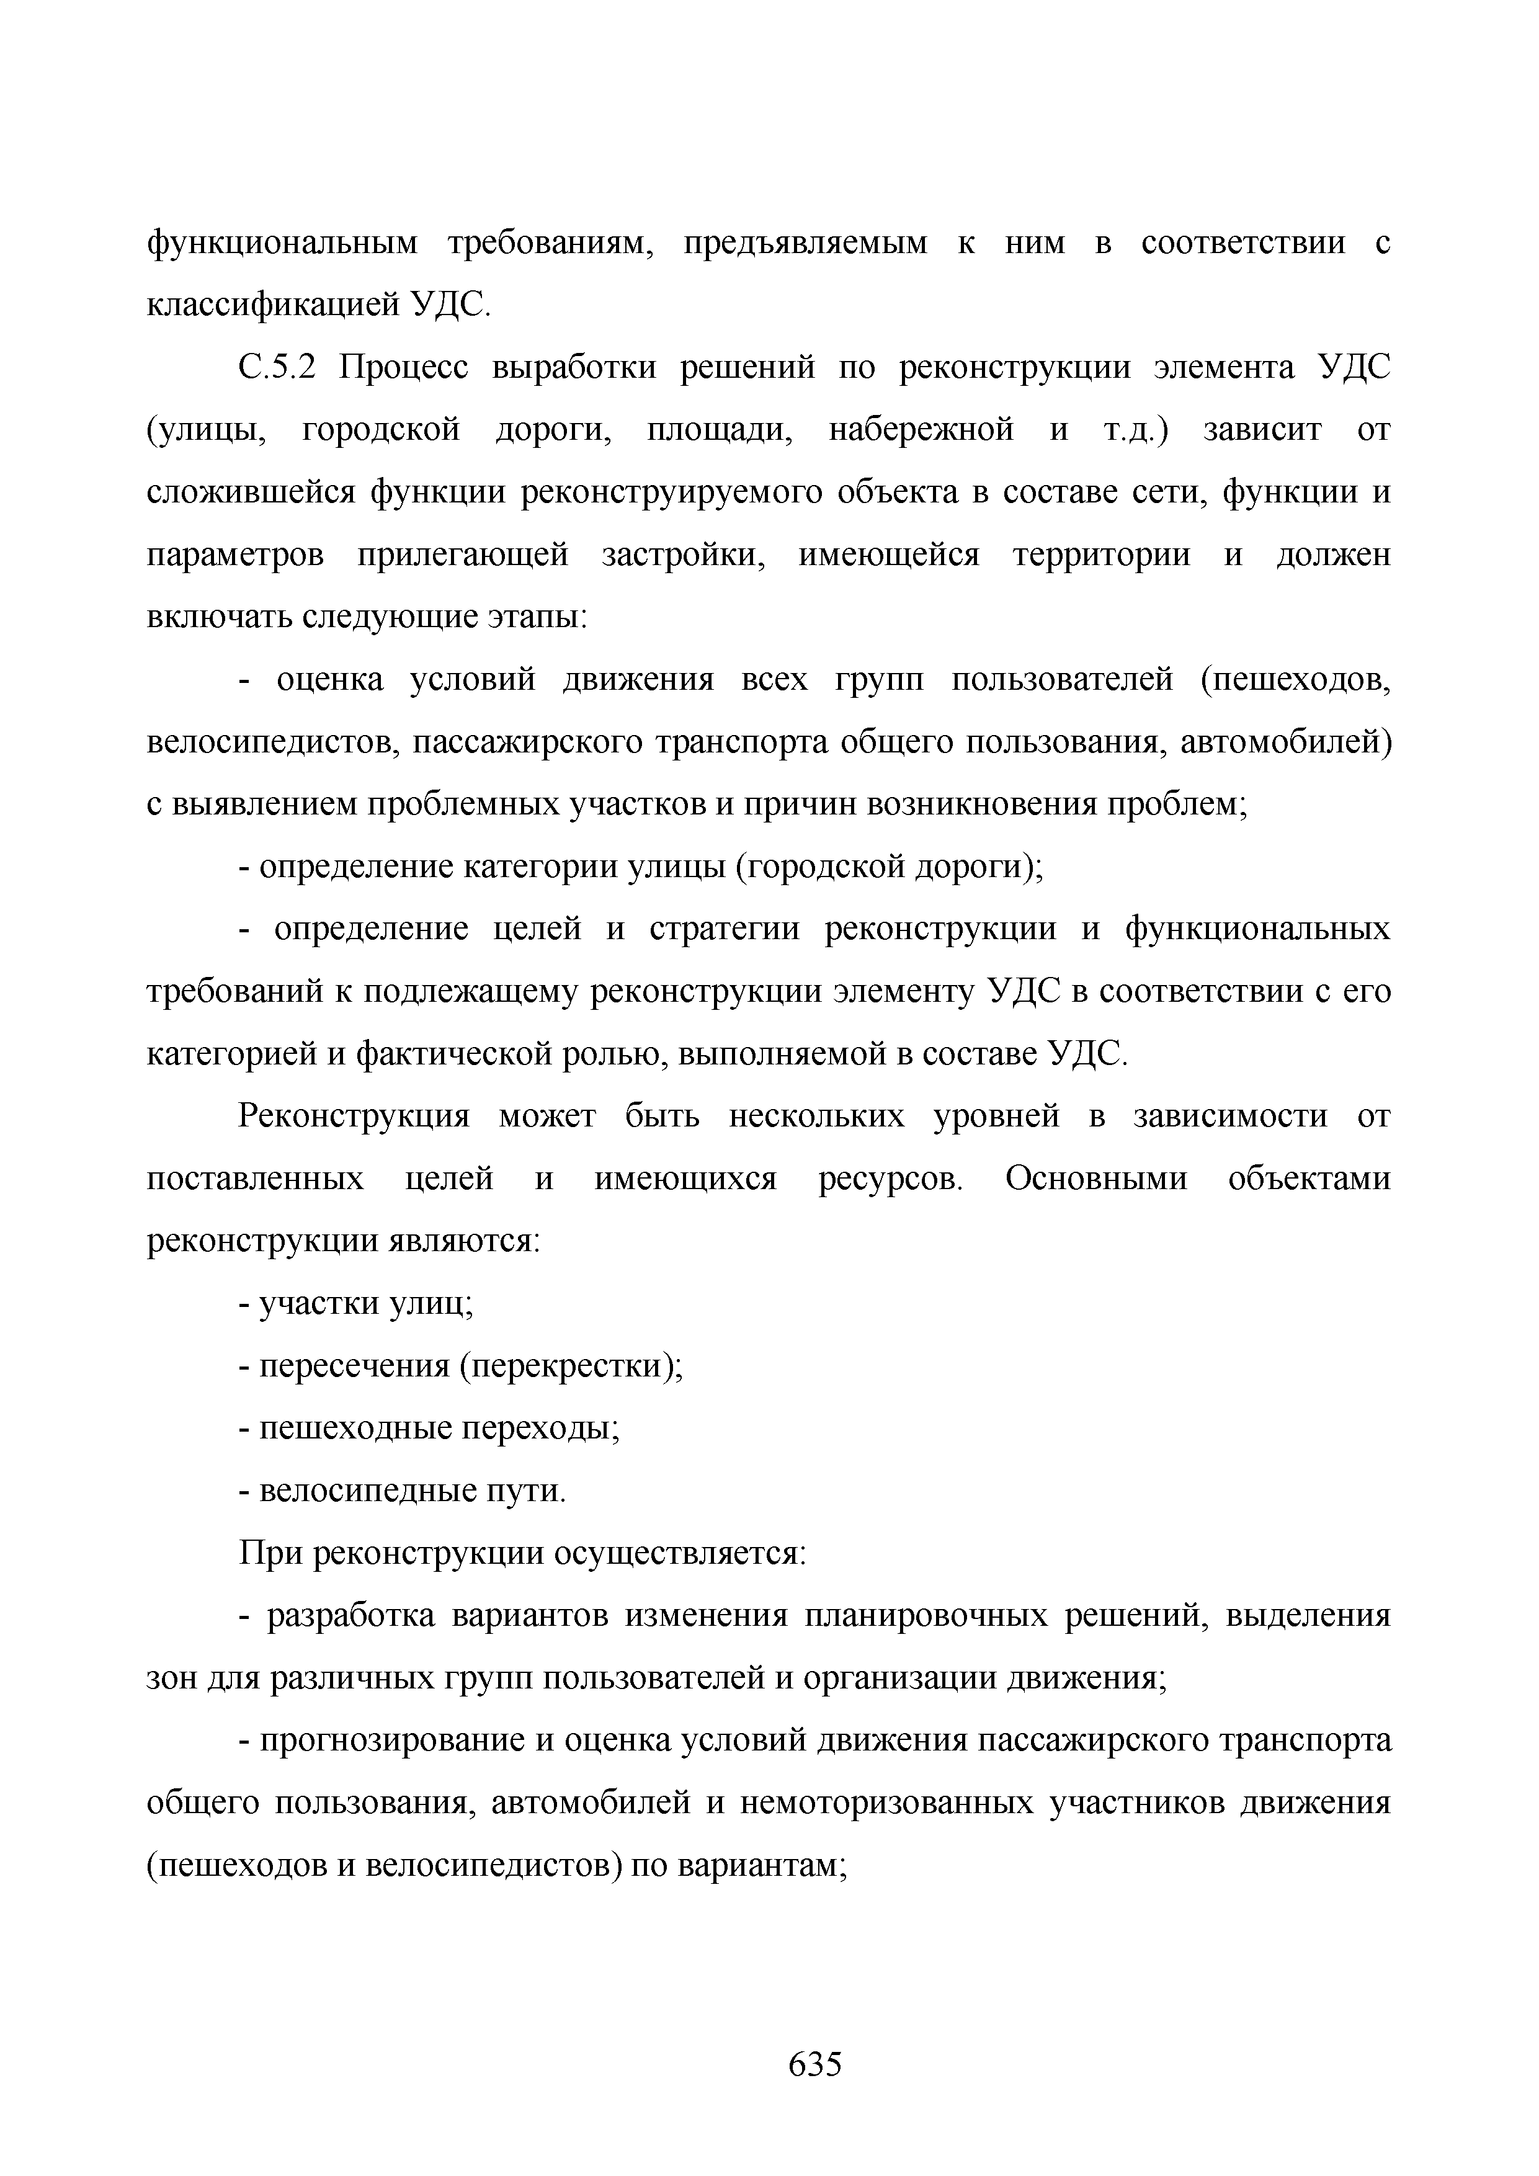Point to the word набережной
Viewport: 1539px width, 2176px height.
(921, 431)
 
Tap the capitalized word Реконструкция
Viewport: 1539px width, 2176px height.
(354, 1117)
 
